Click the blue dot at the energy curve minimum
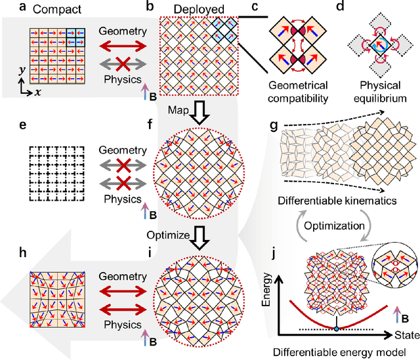tap(337, 328)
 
